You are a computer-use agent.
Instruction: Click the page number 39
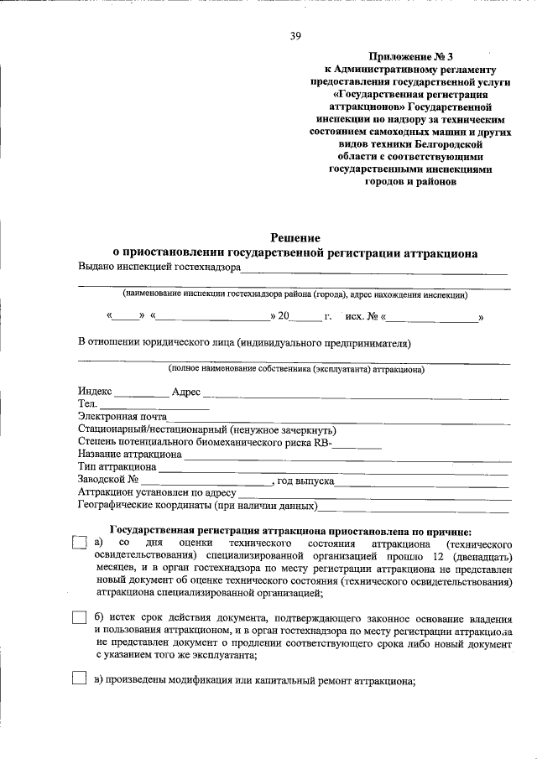pyautogui.click(x=295, y=35)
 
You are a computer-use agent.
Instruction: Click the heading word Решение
pyautogui.click(x=295, y=238)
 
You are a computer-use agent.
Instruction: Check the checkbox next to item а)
pyautogui.click(x=80, y=543)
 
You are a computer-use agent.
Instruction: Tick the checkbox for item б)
pyautogui.click(x=80, y=618)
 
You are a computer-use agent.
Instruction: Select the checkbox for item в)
pyautogui.click(x=80, y=678)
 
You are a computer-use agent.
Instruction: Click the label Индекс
pyautogui.click(x=95, y=392)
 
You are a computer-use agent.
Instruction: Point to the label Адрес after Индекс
pyautogui.click(x=185, y=392)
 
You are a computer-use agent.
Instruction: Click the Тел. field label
pyautogui.click(x=87, y=404)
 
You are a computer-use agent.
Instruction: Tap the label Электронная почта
pyautogui.click(x=123, y=417)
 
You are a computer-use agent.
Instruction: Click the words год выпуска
pyautogui.click(x=306, y=481)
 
